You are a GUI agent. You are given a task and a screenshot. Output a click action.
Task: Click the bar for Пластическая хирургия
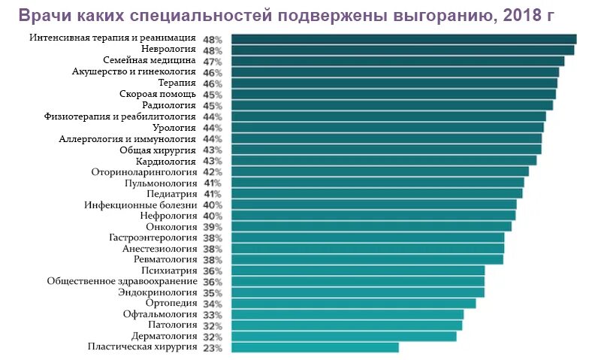pyautogui.click(x=315, y=347)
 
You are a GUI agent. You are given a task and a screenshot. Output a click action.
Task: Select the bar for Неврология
pyautogui.click(x=403, y=50)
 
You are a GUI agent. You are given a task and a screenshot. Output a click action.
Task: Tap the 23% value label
pyautogui.click(x=213, y=348)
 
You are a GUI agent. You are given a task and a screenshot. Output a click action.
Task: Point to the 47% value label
pyautogui.click(x=213, y=61)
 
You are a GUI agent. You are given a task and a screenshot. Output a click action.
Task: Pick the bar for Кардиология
pyautogui.click(x=384, y=160)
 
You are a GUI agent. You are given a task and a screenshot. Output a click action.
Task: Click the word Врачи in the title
pyautogui.click(x=44, y=16)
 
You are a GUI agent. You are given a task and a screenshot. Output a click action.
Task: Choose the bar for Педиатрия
pyautogui.click(x=376, y=193)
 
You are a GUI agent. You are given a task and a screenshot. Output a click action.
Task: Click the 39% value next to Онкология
pyautogui.click(x=213, y=227)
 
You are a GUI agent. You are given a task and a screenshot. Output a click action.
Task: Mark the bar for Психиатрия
pyautogui.click(x=358, y=271)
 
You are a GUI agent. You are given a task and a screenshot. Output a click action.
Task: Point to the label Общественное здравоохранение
pyautogui.click(x=122, y=281)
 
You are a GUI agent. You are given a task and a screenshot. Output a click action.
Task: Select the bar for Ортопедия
pyautogui.click(x=353, y=303)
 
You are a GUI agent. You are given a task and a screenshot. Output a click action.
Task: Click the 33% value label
pyautogui.click(x=213, y=315)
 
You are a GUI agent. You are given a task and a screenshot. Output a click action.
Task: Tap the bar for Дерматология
pyautogui.click(x=343, y=337)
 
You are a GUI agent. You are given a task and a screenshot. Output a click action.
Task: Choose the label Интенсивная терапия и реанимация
pyautogui.click(x=113, y=38)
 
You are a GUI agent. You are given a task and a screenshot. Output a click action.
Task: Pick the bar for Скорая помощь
pyautogui.click(x=393, y=94)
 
